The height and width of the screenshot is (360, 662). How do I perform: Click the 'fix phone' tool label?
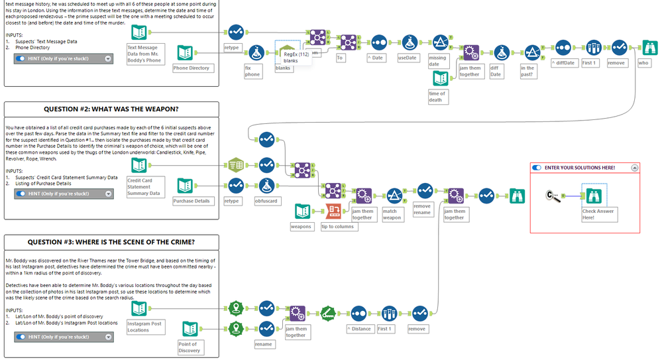tap(252, 71)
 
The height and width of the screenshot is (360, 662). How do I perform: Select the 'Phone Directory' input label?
tap(191, 68)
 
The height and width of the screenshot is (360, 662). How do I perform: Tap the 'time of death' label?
tap(437, 97)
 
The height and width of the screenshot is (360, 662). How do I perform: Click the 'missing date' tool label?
tap(437, 61)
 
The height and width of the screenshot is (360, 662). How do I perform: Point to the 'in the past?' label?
tap(528, 71)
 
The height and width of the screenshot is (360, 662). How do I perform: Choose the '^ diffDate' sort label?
tap(563, 63)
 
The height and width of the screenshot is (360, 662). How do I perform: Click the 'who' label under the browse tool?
tap(643, 63)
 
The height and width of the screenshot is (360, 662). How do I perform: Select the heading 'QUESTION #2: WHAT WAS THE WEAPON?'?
tap(111, 109)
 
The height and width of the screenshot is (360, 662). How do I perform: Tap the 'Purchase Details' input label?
tap(192, 200)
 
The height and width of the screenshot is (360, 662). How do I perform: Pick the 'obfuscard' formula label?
tap(266, 200)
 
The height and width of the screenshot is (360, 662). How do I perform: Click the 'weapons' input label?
tap(302, 227)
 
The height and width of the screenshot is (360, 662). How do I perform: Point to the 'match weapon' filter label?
tap(392, 214)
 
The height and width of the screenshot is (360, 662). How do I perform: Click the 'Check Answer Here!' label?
tap(598, 214)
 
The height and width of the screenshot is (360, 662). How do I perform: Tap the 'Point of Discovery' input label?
tap(190, 347)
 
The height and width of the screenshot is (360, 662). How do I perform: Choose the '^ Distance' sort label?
tap(359, 328)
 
